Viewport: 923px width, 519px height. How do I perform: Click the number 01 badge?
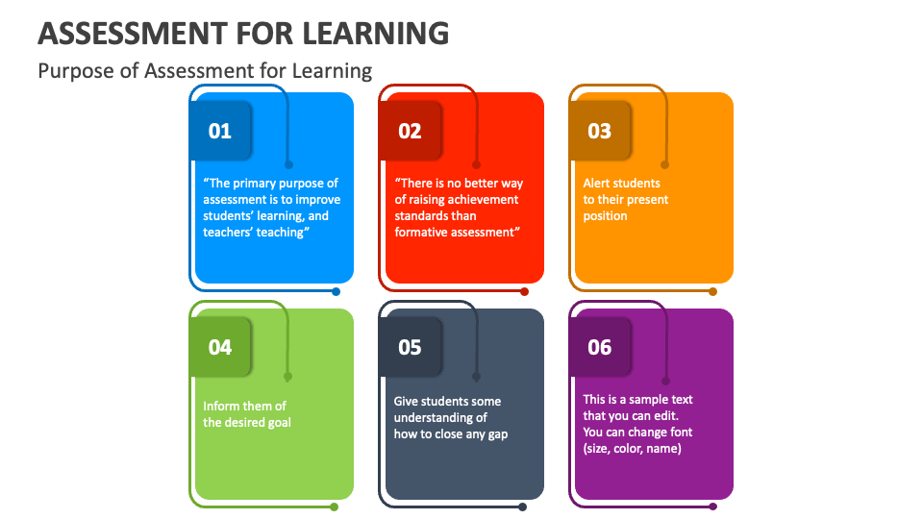(x=221, y=130)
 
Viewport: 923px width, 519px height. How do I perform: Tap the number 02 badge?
(x=411, y=130)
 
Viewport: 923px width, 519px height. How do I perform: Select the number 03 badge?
(x=600, y=130)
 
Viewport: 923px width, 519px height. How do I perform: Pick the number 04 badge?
(x=221, y=347)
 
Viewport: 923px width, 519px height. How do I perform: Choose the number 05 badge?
(x=411, y=347)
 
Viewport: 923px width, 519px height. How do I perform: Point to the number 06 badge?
(x=600, y=347)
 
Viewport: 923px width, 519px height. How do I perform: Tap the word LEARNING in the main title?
(x=376, y=34)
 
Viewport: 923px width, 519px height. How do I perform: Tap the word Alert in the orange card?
(x=598, y=183)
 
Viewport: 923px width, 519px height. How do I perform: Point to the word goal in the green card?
(x=280, y=423)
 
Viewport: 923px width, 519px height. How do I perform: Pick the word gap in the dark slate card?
(x=497, y=434)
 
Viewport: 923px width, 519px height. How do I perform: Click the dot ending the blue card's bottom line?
(x=337, y=291)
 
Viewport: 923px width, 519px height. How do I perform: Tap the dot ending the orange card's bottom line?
(x=712, y=291)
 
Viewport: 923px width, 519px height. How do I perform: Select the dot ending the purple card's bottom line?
(x=712, y=507)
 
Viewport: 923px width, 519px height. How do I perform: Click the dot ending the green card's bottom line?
(x=335, y=507)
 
